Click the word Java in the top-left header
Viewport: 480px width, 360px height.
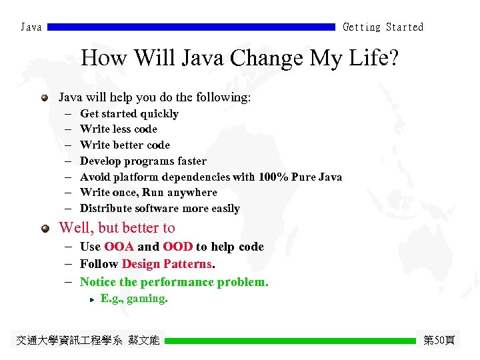pyautogui.click(x=31, y=27)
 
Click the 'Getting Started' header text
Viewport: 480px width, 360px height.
pyautogui.click(x=383, y=27)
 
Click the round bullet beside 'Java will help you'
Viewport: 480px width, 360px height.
pyautogui.click(x=45, y=98)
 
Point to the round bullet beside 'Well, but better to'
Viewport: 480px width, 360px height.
pyautogui.click(x=45, y=228)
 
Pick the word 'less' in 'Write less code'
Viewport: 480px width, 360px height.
pyautogui.click(x=121, y=129)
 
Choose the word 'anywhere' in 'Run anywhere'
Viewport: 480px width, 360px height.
pyautogui.click(x=192, y=193)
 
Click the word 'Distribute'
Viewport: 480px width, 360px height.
pyautogui.click(x=105, y=209)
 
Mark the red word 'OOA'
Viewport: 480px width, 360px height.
pyautogui.click(x=119, y=247)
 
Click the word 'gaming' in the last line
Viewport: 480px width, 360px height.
pyautogui.click(x=146, y=299)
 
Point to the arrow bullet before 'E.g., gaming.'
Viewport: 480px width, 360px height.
pyautogui.click(x=93, y=299)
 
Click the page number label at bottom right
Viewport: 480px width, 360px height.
pyautogui.click(x=439, y=341)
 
